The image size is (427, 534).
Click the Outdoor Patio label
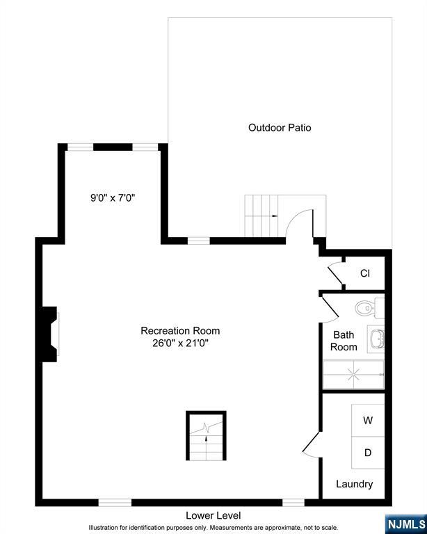pos(280,128)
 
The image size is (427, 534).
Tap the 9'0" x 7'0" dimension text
pos(112,197)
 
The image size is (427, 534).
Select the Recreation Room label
pos(180,330)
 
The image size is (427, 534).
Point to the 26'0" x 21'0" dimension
pos(180,343)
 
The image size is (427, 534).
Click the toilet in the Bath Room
pos(366,307)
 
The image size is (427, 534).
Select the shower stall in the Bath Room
pos(353,375)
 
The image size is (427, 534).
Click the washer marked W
pos(368,421)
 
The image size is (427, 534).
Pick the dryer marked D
pos(368,453)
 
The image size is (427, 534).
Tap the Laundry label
pos(355,484)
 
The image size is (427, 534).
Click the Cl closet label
pos(364,273)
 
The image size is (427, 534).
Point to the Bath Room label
pos(344,341)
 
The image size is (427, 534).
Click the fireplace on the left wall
pos(49,334)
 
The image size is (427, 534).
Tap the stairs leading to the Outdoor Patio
pos(261,216)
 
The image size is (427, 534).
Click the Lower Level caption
pos(213,515)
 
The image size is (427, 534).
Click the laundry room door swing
pos(311,443)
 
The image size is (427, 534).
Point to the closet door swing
pos(336,273)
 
